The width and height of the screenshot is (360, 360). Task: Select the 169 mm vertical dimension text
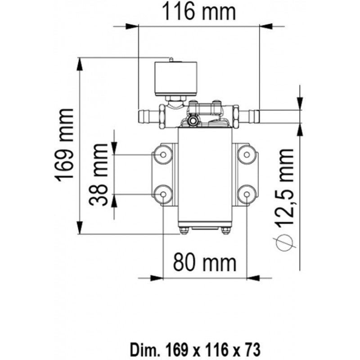(66, 144)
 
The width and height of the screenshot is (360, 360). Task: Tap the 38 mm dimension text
(99, 174)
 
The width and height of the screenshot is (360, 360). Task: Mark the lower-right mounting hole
(247, 194)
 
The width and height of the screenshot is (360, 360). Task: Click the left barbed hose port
(148, 116)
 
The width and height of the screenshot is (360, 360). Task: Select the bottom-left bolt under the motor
(184, 231)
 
